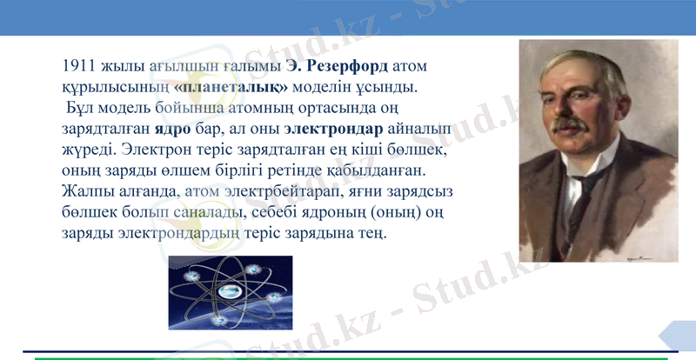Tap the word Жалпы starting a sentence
pyautogui.click(x=85, y=192)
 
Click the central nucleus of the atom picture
pyautogui.click(x=230, y=292)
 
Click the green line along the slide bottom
pyautogui.click(x=348, y=357)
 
